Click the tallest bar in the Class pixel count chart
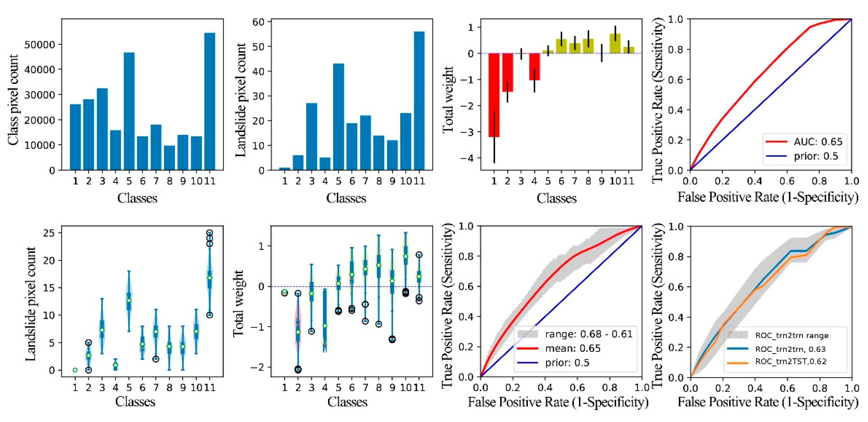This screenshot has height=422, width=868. (x=210, y=101)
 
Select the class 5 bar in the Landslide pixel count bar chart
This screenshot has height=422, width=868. (x=338, y=116)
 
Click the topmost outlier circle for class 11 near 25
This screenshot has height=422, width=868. (x=210, y=233)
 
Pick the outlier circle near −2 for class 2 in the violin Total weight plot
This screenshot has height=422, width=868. (x=298, y=369)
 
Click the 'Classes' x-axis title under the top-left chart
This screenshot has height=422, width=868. (x=137, y=198)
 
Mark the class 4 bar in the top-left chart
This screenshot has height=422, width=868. (x=115, y=150)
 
